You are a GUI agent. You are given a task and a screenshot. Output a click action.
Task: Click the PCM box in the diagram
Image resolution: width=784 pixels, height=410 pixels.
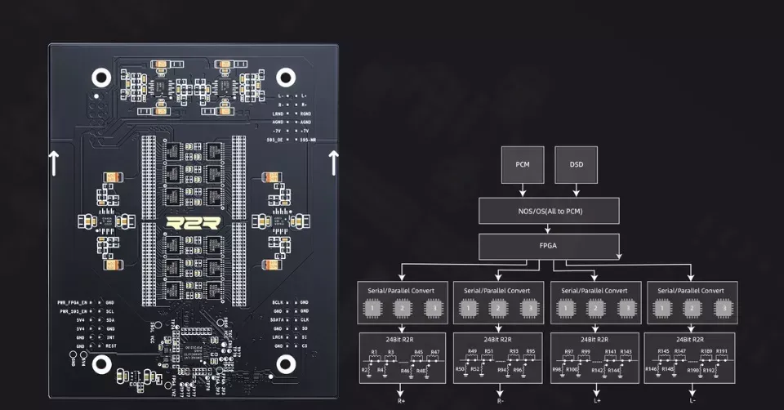tap(523, 165)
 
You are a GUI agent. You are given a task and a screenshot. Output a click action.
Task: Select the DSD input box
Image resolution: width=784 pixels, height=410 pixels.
tap(576, 165)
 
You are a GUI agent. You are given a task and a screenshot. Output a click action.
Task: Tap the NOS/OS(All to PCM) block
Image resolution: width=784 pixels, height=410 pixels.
tap(549, 212)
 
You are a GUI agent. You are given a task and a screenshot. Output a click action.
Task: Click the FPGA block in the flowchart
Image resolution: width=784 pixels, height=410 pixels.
tap(549, 246)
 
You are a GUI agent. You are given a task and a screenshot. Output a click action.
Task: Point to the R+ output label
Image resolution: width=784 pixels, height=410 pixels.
tap(402, 401)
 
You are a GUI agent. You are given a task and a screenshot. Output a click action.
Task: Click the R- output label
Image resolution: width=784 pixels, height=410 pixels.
tap(498, 401)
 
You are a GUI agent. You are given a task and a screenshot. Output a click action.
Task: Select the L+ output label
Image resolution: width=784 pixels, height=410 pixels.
tap(595, 401)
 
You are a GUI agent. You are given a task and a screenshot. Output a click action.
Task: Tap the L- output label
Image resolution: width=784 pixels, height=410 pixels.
tap(692, 401)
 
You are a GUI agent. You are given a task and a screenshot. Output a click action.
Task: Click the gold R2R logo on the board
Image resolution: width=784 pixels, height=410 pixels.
tap(193, 222)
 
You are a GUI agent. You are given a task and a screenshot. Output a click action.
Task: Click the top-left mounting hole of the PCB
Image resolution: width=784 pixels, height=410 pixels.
tap(101, 78)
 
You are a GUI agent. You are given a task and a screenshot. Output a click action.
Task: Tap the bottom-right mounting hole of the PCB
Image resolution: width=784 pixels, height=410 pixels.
tap(285, 363)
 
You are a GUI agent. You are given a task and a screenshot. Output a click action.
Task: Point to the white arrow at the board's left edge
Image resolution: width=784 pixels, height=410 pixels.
tap(54, 163)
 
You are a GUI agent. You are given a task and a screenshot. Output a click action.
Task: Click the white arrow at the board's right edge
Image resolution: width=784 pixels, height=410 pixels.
tap(333, 163)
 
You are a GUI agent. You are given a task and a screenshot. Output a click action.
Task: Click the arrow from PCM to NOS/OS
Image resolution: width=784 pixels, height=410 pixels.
tap(523, 190)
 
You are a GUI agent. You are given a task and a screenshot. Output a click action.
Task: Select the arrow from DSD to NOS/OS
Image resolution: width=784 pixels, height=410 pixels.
tap(576, 190)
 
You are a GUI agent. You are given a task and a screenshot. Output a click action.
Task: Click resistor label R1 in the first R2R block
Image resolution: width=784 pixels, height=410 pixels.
tap(374, 352)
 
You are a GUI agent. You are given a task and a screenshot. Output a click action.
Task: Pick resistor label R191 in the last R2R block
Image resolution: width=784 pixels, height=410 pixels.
tap(721, 352)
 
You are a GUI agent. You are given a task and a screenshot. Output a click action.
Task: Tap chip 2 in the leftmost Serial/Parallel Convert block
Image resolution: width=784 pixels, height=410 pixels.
tap(402, 309)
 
